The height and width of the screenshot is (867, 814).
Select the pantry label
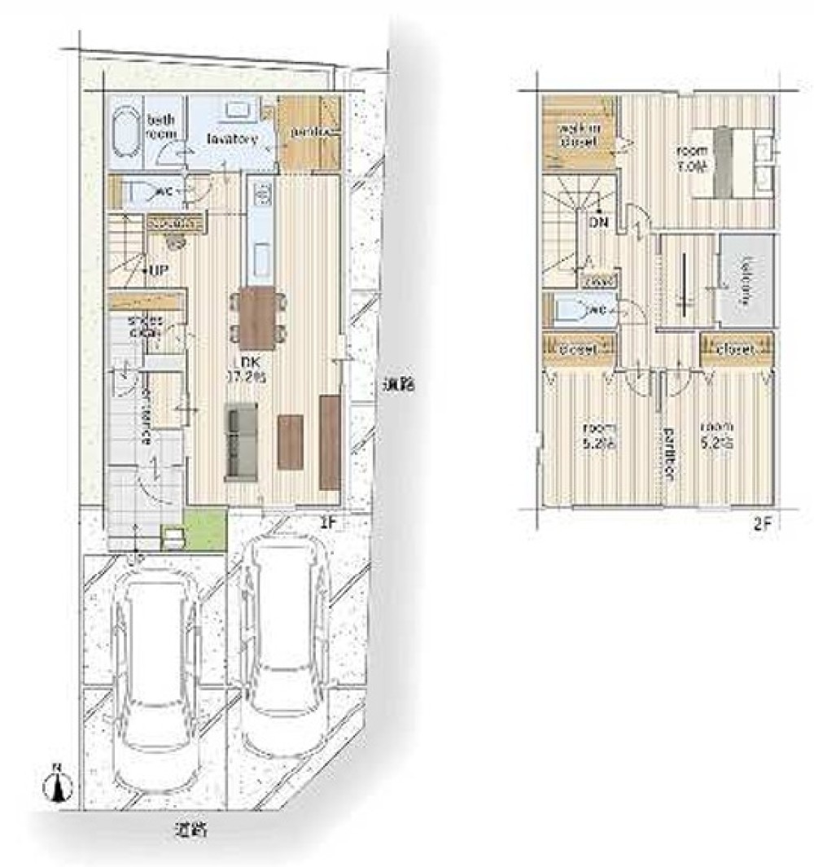coord(308,132)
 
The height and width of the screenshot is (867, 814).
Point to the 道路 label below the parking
coord(193,831)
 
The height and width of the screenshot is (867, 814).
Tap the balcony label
coord(746,280)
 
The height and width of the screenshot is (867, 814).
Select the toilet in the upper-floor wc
coord(571,310)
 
